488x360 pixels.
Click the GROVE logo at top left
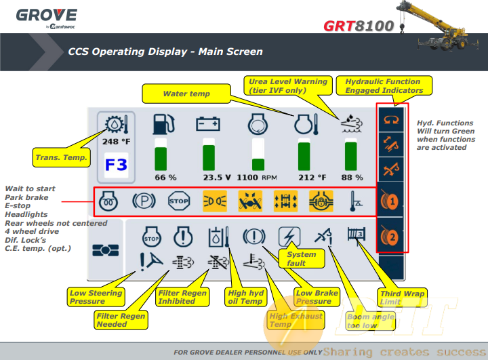(46, 16)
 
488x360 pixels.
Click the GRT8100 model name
(359, 26)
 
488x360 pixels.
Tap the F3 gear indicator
(116, 165)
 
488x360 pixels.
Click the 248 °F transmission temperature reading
(116, 142)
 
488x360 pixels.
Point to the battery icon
(207, 124)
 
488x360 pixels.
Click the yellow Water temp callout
(186, 94)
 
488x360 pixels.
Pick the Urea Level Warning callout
(288, 85)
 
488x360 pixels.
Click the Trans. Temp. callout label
(61, 158)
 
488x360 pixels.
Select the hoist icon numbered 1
(392, 201)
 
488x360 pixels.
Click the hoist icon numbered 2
(392, 237)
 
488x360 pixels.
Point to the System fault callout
(301, 258)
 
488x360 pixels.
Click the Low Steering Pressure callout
(96, 297)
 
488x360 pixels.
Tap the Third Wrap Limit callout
(403, 298)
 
